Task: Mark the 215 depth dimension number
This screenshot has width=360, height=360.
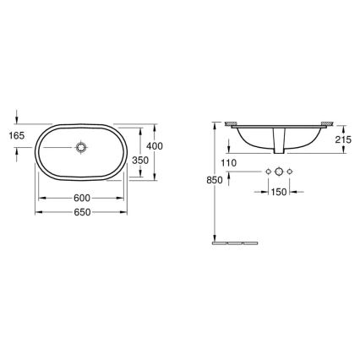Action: coord(343,139)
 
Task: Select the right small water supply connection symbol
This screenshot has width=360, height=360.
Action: coord(291,172)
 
